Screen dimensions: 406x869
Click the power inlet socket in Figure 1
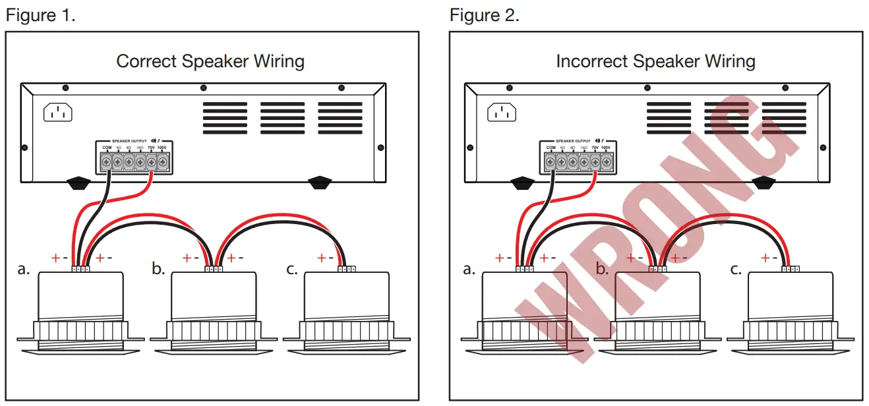(x=58, y=113)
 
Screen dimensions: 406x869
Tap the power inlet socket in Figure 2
(x=502, y=113)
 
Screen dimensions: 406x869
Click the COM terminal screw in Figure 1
(x=106, y=161)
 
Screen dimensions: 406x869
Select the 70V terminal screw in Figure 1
(x=152, y=161)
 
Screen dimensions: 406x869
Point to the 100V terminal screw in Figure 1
(x=163, y=161)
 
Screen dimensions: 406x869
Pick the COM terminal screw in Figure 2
(x=551, y=161)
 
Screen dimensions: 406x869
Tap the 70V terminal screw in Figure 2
(x=595, y=161)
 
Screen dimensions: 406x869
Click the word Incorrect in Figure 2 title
(x=591, y=61)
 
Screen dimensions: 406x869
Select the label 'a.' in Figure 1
(x=24, y=270)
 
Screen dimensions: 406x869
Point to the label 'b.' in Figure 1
(x=158, y=270)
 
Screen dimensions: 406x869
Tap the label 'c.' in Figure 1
(x=292, y=270)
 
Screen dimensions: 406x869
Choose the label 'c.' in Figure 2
(x=736, y=270)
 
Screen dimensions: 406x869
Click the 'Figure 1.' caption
(x=40, y=15)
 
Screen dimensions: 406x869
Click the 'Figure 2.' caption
(x=484, y=15)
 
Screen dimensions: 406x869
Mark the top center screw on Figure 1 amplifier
(x=203, y=88)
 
